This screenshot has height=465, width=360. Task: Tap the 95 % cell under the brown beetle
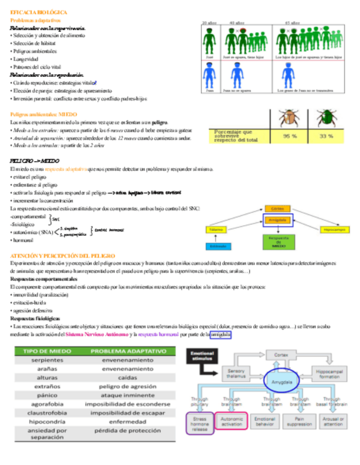[x=286, y=135]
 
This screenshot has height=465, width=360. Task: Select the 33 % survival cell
[x=327, y=135]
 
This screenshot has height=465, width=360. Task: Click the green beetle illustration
[x=327, y=118]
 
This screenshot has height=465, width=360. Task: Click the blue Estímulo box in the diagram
[x=216, y=246]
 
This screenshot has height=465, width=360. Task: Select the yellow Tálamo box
[x=216, y=229]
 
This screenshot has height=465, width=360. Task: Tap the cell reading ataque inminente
[x=127, y=395]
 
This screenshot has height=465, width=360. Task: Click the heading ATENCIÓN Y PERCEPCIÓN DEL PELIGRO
[x=63, y=256]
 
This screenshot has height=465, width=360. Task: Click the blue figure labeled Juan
[x=209, y=75]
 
